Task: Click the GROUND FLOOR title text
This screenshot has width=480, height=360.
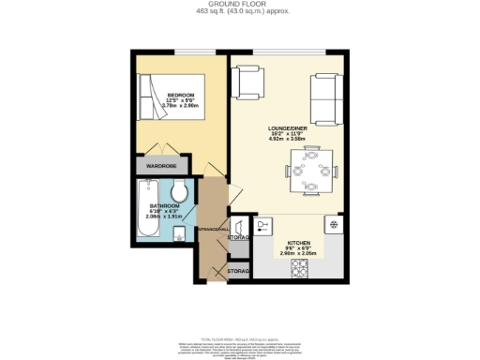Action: pos(240,4)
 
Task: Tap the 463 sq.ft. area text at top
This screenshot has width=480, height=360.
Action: pos(240,11)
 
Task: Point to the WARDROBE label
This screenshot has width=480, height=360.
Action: pos(160,166)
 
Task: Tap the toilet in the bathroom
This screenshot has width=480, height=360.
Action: pos(181,193)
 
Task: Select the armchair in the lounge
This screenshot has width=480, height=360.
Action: pos(250,82)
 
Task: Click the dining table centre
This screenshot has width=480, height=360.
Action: pos(310,171)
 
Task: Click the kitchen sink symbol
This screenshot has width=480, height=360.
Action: pos(262,225)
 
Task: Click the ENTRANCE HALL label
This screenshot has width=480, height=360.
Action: pos(212,230)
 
